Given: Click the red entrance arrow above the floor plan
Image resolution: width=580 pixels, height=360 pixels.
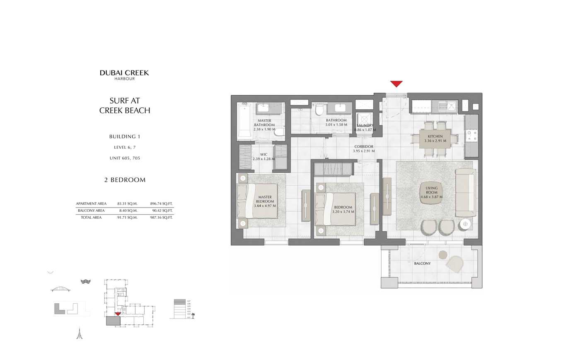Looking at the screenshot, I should coord(396,84).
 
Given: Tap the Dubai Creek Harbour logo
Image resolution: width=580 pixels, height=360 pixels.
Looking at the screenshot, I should coord(124,75).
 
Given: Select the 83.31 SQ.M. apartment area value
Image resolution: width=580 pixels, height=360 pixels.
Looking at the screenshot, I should coord(127,204).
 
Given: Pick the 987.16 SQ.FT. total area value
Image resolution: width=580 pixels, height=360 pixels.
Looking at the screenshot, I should coord(161,217).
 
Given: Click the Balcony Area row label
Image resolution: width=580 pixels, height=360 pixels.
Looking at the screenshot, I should coord(91,211).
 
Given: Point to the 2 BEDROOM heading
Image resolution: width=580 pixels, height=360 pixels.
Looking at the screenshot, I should coord(125,180).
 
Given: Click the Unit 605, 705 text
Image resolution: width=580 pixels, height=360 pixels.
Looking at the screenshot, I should coord(125,158).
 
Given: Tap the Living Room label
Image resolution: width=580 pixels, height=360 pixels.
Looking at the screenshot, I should coord(431,192).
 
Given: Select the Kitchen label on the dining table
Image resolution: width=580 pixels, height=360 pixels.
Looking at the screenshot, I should coord(435,138).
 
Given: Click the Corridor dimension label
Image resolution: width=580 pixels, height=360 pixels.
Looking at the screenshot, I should coord(363,149).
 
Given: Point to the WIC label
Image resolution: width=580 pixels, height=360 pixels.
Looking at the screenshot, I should coord(263,157).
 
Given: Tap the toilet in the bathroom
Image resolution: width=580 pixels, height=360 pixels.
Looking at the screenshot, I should coord(319,109).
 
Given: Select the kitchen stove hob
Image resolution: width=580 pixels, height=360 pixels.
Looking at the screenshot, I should coord(471,135).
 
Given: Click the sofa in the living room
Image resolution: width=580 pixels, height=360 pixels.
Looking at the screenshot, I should coord(465,193).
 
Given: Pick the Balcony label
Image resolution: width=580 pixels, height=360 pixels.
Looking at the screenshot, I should coord(422,263).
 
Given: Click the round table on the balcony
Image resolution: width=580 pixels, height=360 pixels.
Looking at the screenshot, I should coord(443,254).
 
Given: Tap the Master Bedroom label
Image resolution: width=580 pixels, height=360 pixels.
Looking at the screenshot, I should coord(265,201).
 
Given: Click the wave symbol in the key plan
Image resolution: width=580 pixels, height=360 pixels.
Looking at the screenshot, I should coord(85,282).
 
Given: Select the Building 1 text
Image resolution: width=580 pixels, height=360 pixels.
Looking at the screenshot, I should coord(125,137).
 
